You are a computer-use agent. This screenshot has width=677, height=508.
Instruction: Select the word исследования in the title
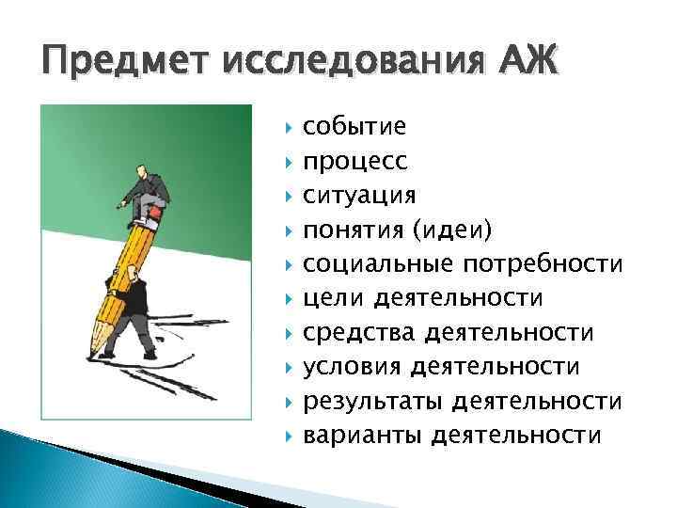[x=354, y=63]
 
